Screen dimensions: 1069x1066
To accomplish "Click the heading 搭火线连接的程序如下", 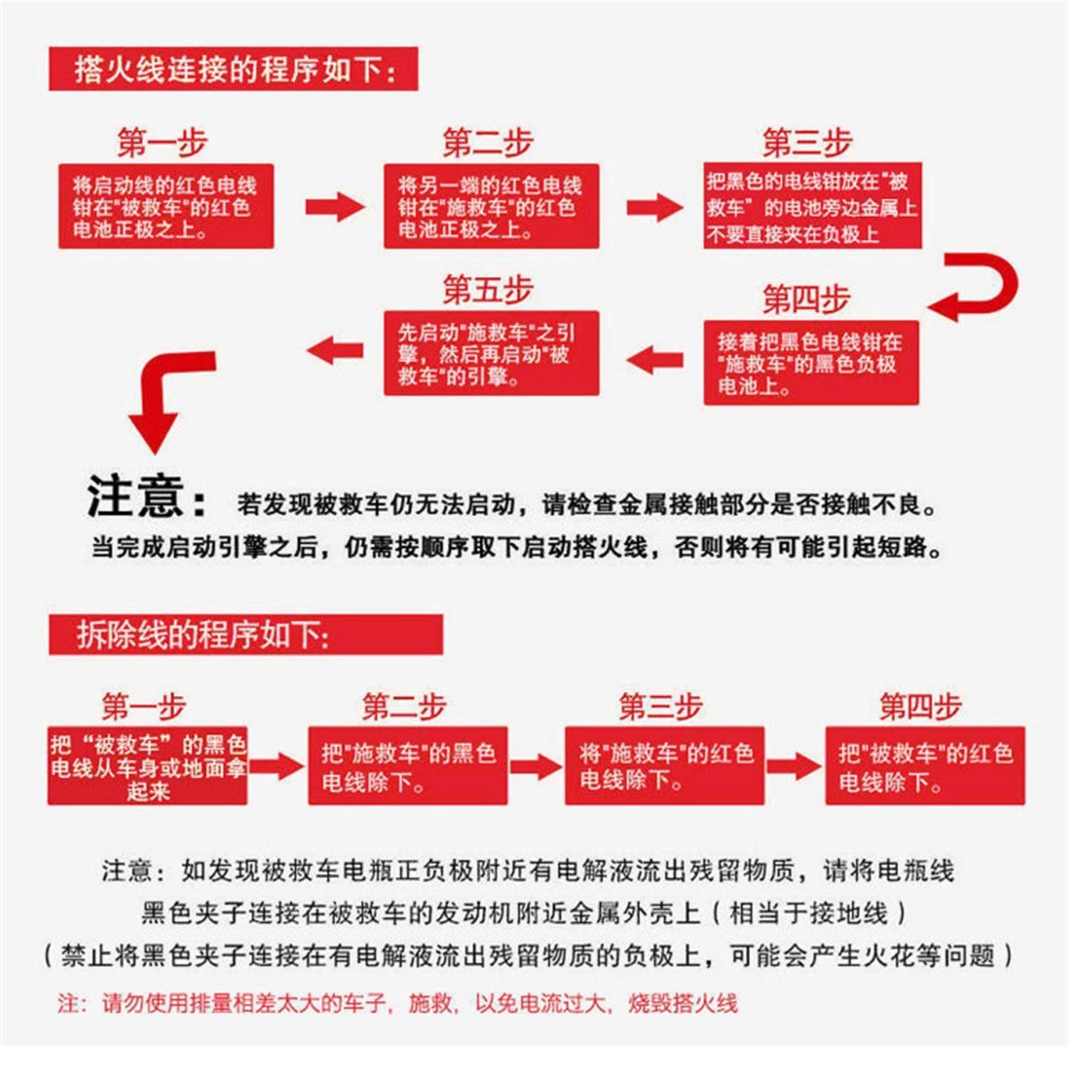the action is tap(234, 69).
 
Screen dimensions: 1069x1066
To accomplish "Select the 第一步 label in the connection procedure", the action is tap(161, 143).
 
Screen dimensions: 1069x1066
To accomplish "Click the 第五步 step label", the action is tap(488, 289).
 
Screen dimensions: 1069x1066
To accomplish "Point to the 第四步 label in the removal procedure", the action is tap(920, 706).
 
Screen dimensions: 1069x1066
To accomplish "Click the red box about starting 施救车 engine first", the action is tap(491, 354).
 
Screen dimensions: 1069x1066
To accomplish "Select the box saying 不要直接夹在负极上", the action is tap(811, 207).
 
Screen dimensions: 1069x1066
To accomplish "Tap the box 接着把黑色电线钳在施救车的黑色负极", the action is tap(811, 364).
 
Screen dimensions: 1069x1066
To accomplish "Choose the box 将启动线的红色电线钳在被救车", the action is tap(167, 207).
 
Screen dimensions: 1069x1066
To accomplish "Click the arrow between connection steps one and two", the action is tap(333, 207).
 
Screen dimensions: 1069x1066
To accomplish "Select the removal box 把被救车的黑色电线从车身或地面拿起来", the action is tap(147, 767).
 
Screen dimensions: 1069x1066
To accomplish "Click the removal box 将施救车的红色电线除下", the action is tap(664, 767).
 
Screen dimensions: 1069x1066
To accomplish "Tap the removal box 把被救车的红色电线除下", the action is tap(925, 767).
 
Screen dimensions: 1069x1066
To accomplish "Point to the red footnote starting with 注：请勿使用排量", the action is tap(398, 1004).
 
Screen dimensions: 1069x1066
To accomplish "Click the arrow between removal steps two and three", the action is tap(536, 767).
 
